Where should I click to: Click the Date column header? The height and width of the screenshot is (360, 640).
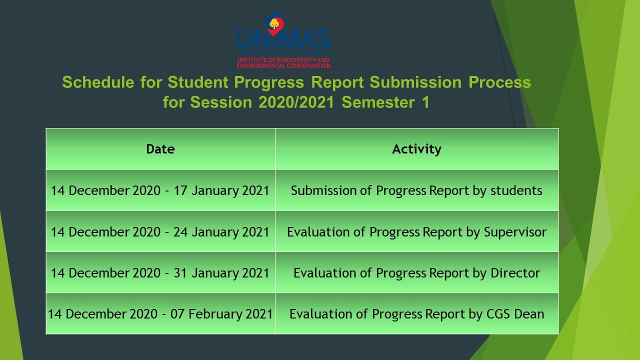coord(160,149)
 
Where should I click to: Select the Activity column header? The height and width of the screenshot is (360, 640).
coord(416,149)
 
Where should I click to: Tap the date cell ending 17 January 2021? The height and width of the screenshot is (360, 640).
coord(160,190)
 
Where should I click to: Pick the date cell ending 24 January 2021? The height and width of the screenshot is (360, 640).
coord(160,231)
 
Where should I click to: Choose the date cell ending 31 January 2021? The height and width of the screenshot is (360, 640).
coord(160,273)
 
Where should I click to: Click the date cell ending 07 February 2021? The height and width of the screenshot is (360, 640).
coord(160,314)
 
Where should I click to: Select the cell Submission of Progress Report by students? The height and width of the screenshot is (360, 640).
coord(416,190)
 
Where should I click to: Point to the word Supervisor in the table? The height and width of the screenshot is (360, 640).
coord(515,232)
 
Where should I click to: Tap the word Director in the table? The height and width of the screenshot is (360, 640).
coord(515,273)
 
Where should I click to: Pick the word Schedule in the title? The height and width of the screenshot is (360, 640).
coord(98,82)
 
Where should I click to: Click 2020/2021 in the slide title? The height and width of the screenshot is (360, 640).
coord(296,102)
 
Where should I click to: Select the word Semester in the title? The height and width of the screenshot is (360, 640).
coord(378,102)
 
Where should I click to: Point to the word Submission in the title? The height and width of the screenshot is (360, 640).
coord(415,82)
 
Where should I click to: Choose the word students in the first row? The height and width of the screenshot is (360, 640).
coord(516,190)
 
